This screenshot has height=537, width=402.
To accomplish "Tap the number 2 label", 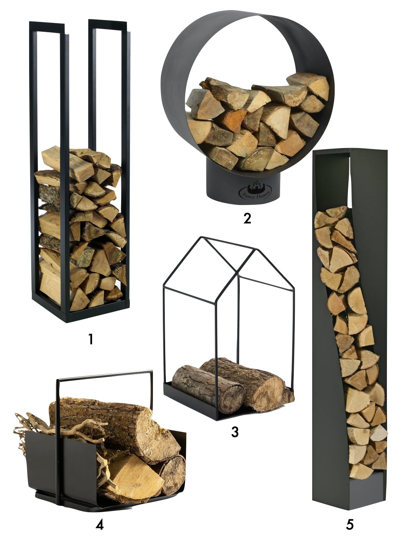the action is click(x=247, y=218).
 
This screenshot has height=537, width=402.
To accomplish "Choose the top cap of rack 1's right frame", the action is click(x=108, y=24).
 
